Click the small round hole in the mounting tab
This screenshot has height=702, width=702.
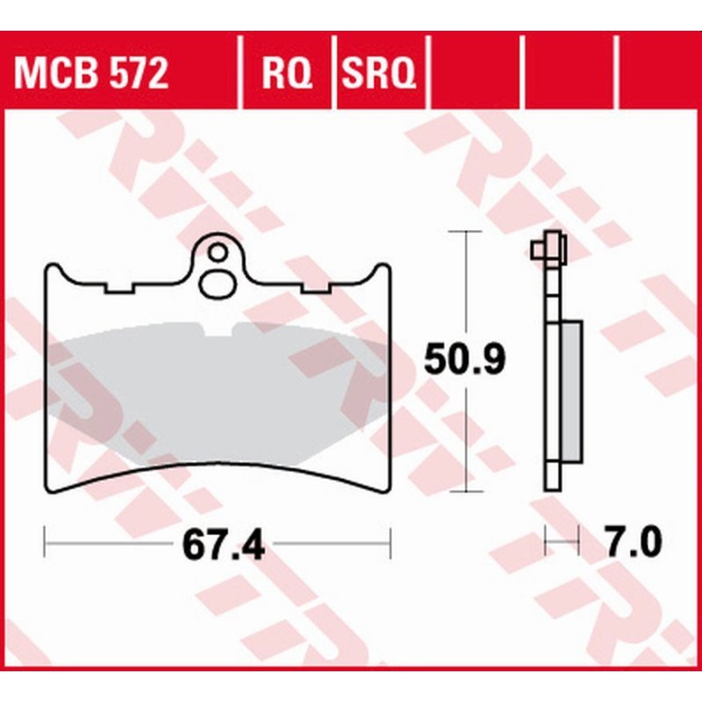click(x=216, y=254)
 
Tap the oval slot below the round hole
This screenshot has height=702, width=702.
click(x=216, y=283)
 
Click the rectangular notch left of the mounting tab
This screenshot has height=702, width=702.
click(x=118, y=289)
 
